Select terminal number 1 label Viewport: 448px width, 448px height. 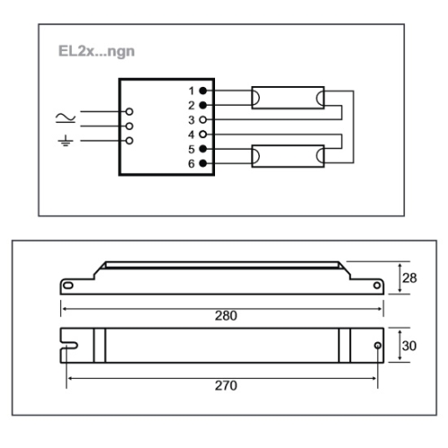point(192,91)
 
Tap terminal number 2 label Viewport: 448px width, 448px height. point(192,105)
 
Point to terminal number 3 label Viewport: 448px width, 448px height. point(192,119)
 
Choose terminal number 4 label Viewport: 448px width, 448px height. point(192,134)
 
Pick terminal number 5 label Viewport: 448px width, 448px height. point(192,148)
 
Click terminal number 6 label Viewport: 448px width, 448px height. point(192,162)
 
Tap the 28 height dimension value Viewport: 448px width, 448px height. point(409,279)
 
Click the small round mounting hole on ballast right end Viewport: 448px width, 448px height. point(376,346)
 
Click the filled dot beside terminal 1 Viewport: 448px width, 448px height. point(203,91)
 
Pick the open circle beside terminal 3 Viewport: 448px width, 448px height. point(203,119)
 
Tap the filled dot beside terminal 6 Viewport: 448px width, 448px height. point(203,162)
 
